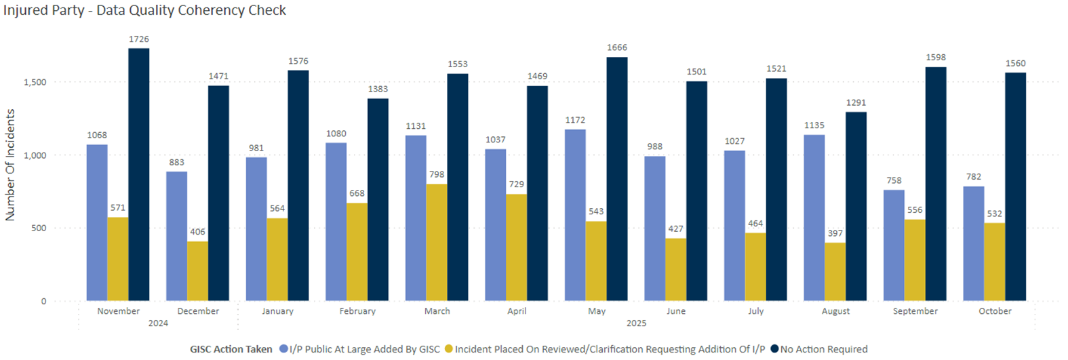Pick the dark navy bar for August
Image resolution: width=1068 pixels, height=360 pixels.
coord(856,206)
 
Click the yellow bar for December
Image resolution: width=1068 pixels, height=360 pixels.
coord(198,271)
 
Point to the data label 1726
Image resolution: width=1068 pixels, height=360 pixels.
coord(139,39)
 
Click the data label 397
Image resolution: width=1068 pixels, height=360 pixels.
coord(835,233)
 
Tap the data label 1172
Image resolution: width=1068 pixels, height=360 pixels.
coord(575,120)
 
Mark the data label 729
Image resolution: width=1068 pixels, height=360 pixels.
coord(517,184)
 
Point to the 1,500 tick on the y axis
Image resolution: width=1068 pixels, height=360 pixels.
coord(35,82)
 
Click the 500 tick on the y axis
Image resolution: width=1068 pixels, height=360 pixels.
coord(39,228)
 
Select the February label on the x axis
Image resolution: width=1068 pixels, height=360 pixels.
coord(357,311)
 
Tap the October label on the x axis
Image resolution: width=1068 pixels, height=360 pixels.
coord(995,311)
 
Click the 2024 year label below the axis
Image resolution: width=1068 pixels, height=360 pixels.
coord(158,323)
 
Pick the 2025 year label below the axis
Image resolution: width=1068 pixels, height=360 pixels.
coord(636,323)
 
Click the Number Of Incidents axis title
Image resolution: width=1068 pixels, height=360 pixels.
coord(10,165)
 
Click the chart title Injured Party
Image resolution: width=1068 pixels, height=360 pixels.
coord(144,11)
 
